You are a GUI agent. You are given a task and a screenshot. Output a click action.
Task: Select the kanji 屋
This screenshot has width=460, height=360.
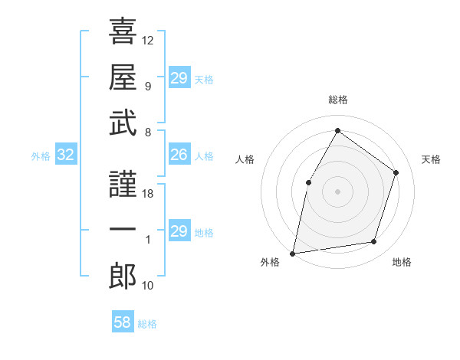tap(123, 77)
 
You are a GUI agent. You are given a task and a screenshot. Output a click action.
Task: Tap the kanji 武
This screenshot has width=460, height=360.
tap(123, 123)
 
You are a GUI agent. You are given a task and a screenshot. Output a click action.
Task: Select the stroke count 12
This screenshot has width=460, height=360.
tap(148, 40)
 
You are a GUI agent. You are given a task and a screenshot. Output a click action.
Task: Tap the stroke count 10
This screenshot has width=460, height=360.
tap(148, 286)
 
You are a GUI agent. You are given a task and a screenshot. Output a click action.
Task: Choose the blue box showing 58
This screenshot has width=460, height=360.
tap(123, 322)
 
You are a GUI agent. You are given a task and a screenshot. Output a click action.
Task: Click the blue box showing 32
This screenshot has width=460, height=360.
tap(66, 155)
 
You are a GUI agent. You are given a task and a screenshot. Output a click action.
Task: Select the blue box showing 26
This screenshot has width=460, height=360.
tap(179, 155)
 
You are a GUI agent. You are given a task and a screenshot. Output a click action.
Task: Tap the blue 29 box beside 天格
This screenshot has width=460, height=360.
tap(179, 78)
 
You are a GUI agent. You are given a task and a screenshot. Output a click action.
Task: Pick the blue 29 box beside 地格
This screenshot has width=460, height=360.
tap(179, 231)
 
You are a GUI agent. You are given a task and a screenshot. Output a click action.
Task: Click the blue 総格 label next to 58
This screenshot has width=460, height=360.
tap(147, 324)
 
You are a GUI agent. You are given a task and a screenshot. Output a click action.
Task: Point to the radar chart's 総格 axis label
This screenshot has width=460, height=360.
tap(337, 100)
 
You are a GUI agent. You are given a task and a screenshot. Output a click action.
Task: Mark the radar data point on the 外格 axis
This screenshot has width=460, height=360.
tap(293, 253)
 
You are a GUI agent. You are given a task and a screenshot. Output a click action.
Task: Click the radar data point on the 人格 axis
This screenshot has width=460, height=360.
tap(308, 182)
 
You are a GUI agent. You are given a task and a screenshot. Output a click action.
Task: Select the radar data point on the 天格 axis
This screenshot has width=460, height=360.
tap(396, 172)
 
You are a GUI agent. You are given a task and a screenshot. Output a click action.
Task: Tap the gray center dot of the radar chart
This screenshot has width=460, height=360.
tap(337, 191)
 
